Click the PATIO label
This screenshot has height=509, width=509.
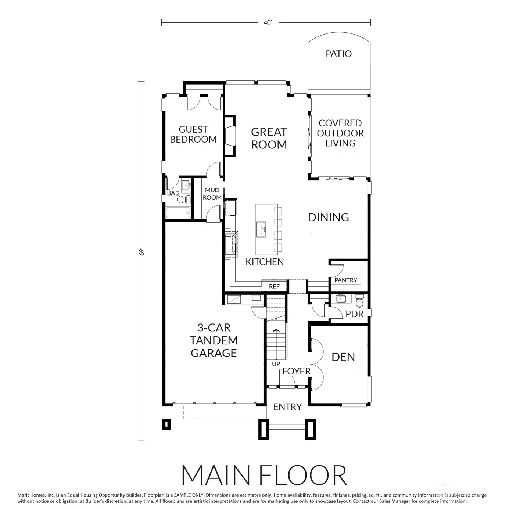pyautogui.click(x=338, y=54)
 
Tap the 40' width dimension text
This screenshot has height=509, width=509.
pyautogui.click(x=268, y=23)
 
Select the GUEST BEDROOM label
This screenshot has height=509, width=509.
pyautogui.click(x=193, y=135)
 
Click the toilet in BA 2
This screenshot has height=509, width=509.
pyautogui.click(x=183, y=200)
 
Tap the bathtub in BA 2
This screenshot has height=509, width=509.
pyautogui.click(x=178, y=213)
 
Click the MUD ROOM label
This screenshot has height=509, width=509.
pyautogui.click(x=212, y=194)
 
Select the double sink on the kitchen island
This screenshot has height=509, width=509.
pyautogui.click(x=261, y=229)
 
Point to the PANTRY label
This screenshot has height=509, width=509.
pyautogui.click(x=346, y=280)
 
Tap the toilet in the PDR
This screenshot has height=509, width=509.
pyautogui.click(x=359, y=301)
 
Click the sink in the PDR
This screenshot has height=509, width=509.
pyautogui.click(x=341, y=299)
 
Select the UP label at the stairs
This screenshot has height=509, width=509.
pyautogui.click(x=276, y=364)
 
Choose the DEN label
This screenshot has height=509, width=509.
pyautogui.click(x=343, y=357)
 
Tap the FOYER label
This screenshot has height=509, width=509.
pyautogui.click(x=296, y=371)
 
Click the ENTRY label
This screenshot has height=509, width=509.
pyautogui.click(x=287, y=407)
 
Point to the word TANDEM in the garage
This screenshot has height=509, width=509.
pyautogui.click(x=214, y=340)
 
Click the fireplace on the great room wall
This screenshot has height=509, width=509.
pyautogui.click(x=230, y=135)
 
